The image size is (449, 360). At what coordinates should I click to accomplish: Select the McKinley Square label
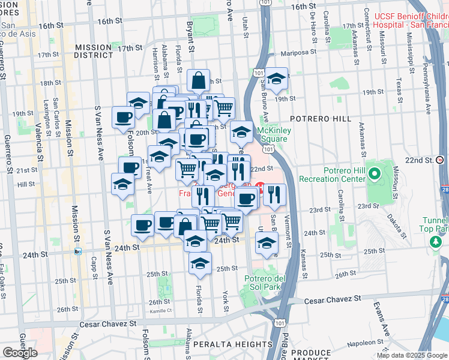[272, 134]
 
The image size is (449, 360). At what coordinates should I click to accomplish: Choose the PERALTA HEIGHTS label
[232, 344]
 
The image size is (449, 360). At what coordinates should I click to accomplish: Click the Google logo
[20, 353]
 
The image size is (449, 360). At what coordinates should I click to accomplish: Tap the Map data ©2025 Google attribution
[411, 355]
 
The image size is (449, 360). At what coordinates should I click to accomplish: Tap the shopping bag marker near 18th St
[198, 81]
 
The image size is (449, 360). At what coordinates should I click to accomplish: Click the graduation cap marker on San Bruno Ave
[276, 78]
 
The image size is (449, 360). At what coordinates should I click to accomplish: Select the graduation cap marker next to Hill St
[122, 184]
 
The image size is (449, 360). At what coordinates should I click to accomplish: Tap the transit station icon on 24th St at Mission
[78, 251]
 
